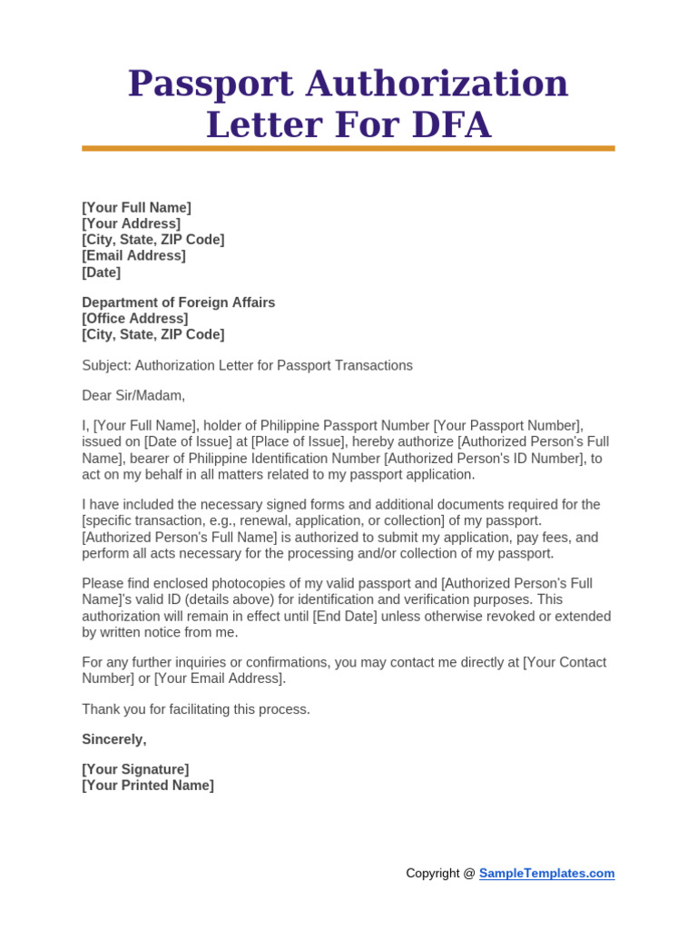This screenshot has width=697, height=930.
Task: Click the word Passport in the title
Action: [x=210, y=84]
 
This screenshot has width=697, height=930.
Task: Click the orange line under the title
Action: [x=348, y=148]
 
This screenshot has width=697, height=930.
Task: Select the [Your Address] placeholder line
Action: [x=131, y=223]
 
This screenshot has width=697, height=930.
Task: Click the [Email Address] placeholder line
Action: [x=133, y=256]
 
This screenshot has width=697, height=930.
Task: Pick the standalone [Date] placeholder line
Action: [x=101, y=272]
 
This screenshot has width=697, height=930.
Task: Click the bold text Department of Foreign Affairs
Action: [x=178, y=302]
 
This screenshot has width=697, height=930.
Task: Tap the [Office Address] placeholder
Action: [x=135, y=319]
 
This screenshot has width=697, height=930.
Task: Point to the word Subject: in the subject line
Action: [x=106, y=365]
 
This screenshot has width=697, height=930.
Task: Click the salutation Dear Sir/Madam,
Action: [x=133, y=395]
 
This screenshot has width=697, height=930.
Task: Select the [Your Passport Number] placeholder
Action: [x=507, y=426]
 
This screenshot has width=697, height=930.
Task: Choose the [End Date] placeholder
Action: [x=344, y=617]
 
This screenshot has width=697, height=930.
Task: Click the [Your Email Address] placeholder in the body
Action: [x=220, y=678]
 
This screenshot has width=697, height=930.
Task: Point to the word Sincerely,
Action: [x=113, y=739]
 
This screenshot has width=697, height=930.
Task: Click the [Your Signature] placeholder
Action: [x=135, y=769]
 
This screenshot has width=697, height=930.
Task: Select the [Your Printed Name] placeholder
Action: [x=148, y=786]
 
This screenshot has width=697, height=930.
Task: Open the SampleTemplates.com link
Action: [x=546, y=874]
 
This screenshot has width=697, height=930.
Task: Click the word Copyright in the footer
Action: [x=433, y=874]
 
